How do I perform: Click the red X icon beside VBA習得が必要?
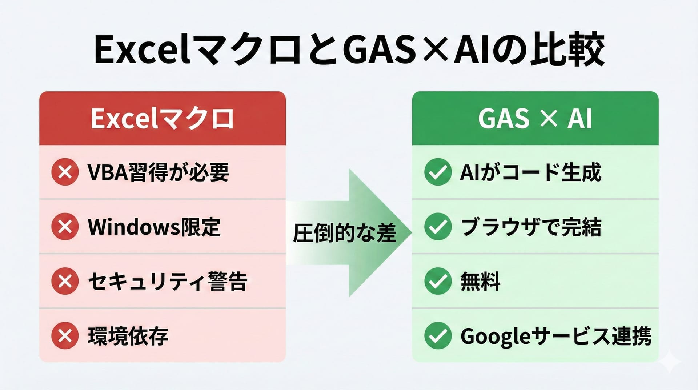65,172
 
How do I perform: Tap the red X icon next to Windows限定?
65,226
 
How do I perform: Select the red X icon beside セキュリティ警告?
65,281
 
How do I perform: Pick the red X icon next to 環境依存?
65,335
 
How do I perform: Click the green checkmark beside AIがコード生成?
438,172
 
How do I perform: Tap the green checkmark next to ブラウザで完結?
438,226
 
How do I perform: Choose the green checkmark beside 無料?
438,281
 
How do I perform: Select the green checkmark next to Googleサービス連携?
438,335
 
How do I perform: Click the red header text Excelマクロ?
162,119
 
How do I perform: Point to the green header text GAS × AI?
535,119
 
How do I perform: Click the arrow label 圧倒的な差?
344,233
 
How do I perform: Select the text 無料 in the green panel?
480,281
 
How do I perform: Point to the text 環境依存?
128,336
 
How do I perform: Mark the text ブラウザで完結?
531,227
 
